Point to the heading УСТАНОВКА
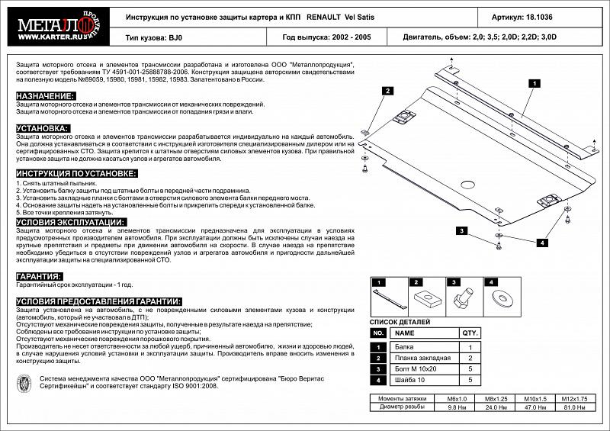[43, 128]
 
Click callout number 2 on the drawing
[388, 91]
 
